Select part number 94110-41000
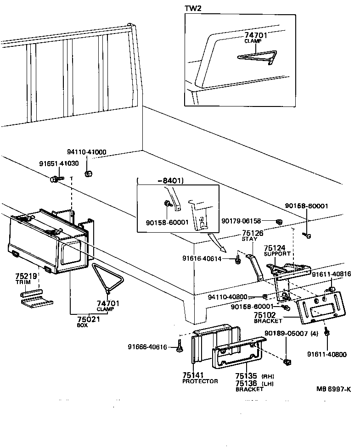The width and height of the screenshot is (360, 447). tap(87, 152)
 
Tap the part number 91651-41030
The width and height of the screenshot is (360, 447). tap(58, 163)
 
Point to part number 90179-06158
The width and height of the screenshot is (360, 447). tap(247, 221)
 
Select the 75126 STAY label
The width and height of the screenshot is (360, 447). tap(252, 235)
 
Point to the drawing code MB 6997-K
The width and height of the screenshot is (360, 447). tap(333, 389)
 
